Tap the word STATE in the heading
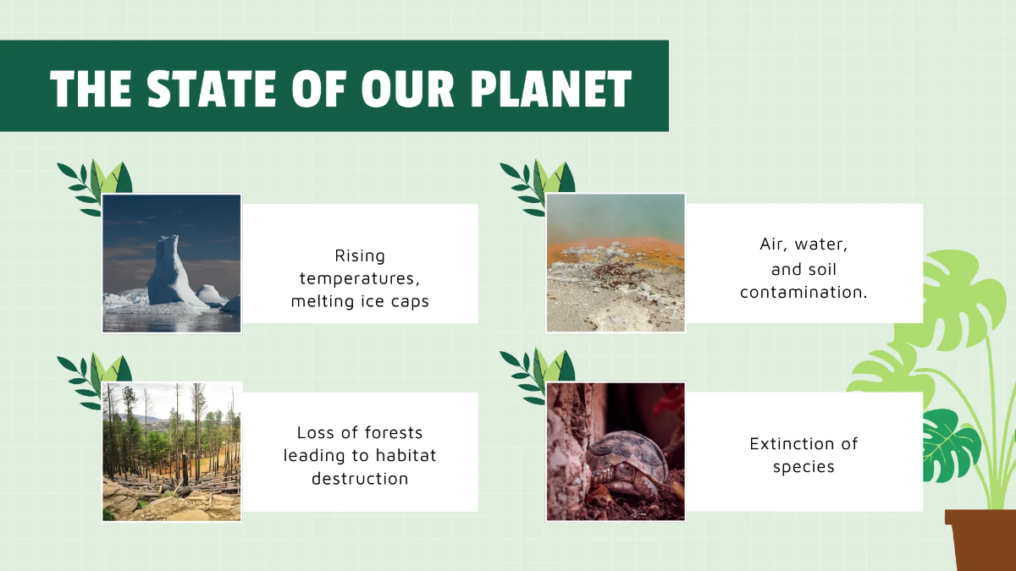pyautogui.click(x=212, y=87)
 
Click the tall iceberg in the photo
pyautogui.click(x=169, y=272)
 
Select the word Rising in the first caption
pyautogui.click(x=360, y=255)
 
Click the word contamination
pyautogui.click(x=803, y=292)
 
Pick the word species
pyautogui.click(x=803, y=467)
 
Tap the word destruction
pyautogui.click(x=360, y=479)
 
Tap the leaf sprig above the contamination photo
pyautogui.click(x=538, y=183)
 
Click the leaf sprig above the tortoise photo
pyautogui.click(x=538, y=372)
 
